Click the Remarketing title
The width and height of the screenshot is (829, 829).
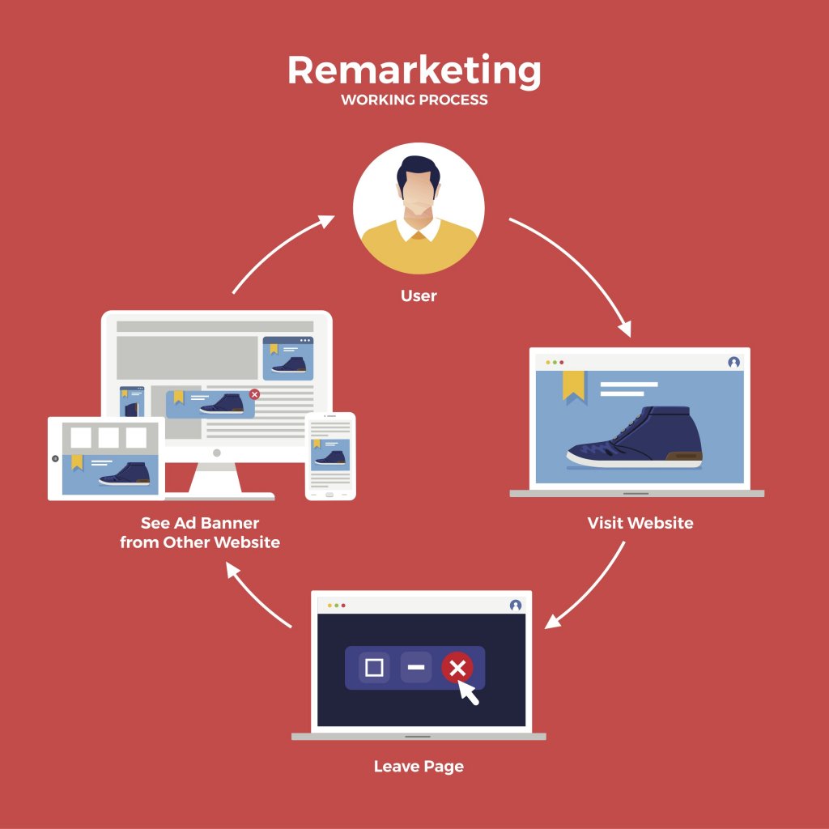click(414, 71)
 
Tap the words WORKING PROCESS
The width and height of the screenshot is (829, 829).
click(414, 100)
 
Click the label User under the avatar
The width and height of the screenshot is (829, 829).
click(419, 295)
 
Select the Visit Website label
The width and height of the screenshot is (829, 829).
click(640, 523)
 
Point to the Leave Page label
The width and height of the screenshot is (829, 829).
click(419, 767)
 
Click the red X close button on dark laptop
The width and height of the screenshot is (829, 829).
click(457, 668)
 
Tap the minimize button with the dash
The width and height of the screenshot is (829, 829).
click(416, 667)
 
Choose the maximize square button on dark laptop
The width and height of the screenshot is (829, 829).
click(374, 667)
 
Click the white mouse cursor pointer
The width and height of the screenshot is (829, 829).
click(467, 691)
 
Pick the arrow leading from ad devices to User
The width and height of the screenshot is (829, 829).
click(278, 249)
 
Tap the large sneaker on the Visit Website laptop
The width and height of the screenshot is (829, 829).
click(635, 436)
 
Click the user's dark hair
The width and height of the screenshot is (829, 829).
click(419, 172)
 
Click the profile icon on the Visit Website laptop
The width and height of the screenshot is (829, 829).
click(733, 362)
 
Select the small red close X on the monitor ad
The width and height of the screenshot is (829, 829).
click(254, 394)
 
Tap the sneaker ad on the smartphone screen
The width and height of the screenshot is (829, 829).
click(330, 455)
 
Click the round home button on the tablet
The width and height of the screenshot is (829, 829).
click(55, 458)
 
